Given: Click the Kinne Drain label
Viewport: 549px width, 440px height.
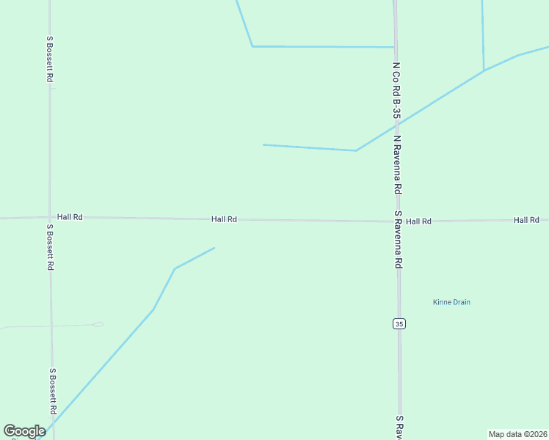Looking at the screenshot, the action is (451, 302).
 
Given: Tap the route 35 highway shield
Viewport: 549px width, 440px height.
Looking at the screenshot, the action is (399, 323).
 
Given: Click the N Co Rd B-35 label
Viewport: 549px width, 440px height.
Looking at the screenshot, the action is (396, 90).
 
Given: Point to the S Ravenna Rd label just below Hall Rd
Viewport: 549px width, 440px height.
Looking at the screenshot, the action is (399, 239).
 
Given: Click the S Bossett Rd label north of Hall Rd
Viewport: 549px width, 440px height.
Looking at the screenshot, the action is (50, 59).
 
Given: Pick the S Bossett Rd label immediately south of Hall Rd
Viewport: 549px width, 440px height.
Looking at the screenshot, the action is (50, 247).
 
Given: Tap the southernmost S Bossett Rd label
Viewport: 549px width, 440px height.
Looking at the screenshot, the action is (52, 392).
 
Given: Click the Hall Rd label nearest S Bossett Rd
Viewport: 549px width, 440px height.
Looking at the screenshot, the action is (70, 217).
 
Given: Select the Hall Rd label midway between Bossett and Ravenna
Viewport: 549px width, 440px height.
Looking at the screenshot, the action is (224, 219).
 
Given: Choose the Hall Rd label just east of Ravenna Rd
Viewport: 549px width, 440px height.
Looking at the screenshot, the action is (418, 221).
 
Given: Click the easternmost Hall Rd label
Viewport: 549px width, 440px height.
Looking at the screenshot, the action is (526, 220).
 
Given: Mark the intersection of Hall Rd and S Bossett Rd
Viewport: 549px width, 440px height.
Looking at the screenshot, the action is (50, 217).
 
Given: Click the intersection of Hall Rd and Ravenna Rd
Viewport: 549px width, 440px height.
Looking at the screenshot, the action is (397, 221).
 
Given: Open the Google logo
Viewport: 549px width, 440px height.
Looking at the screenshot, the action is (24, 431).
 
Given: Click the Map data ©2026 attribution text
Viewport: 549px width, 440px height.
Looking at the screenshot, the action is (518, 434).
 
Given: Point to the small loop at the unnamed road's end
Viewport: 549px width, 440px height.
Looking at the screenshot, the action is (98, 324).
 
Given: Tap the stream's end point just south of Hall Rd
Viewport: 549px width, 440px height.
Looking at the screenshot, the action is (214, 248).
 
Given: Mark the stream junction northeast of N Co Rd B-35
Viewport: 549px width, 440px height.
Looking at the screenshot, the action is (484, 70).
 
